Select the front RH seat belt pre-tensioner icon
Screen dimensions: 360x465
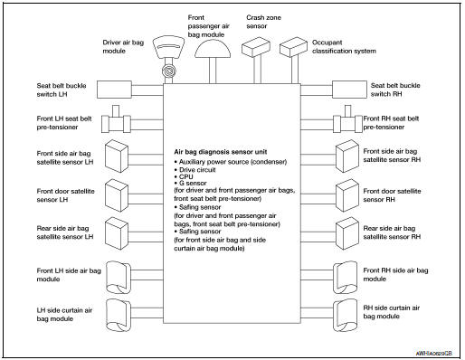click(348, 119)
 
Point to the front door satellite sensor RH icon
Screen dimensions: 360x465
click(347, 194)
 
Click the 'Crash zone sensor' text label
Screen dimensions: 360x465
click(262, 20)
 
